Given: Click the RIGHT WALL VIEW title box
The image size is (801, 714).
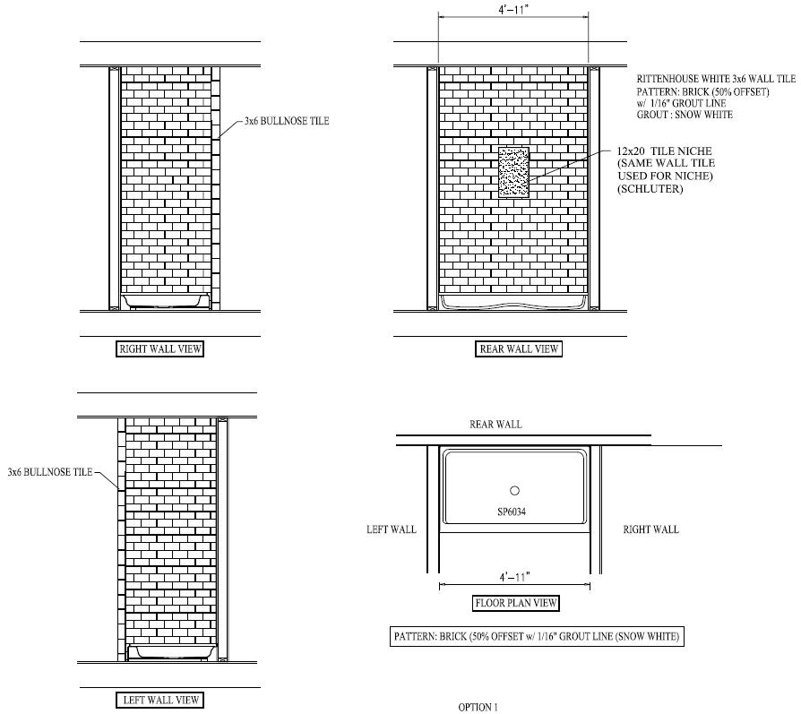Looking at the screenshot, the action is (160, 349).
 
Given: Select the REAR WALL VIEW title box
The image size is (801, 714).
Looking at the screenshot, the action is (519, 349).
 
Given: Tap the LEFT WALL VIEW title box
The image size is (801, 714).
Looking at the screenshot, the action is (160, 700).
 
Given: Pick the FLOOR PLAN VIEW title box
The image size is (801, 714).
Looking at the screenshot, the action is (515, 603).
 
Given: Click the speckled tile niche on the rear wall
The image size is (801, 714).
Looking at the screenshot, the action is (513, 172).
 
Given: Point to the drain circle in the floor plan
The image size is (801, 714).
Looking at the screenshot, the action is (514, 490).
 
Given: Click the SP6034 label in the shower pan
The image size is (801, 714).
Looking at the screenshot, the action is (514, 512).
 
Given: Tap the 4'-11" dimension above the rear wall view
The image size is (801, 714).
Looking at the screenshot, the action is (513, 11).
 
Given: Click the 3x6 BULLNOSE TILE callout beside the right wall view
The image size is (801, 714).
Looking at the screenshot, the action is (286, 121).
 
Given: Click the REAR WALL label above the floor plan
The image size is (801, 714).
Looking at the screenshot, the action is (495, 424).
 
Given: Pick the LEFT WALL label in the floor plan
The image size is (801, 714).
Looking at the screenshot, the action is (392, 529).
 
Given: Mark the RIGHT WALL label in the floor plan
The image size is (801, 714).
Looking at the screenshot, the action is (650, 529).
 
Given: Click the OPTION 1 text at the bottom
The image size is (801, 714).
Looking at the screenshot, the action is (478, 708).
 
